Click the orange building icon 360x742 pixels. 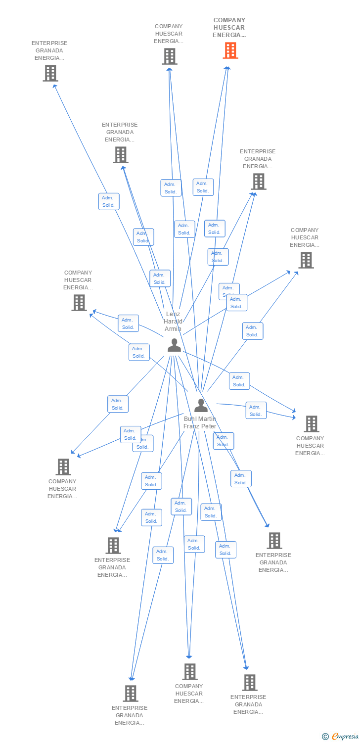click(x=230, y=50)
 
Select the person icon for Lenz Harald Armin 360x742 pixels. click(x=174, y=345)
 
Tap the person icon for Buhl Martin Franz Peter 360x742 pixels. click(x=201, y=405)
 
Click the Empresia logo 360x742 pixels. click(x=345, y=737)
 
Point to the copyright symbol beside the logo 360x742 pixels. click(x=325, y=737)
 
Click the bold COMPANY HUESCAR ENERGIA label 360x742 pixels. click(x=229, y=28)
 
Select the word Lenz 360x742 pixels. click(x=173, y=314)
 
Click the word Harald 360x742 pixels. click(x=173, y=322)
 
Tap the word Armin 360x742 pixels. click(x=173, y=329)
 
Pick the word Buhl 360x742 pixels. click(x=190, y=419)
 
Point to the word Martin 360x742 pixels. click(x=207, y=419)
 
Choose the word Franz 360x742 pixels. click(x=192, y=426)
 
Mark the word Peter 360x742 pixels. click(x=209, y=426)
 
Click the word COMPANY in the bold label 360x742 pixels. click(x=229, y=20)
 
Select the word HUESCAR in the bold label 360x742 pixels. click(x=229, y=28)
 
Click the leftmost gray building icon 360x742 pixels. click(x=50, y=73)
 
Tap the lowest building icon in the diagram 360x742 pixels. click(x=130, y=693)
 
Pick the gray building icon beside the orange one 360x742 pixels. click(x=170, y=56)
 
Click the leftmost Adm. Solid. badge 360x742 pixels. click(x=109, y=201)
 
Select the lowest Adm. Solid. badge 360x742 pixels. click(x=163, y=555)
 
